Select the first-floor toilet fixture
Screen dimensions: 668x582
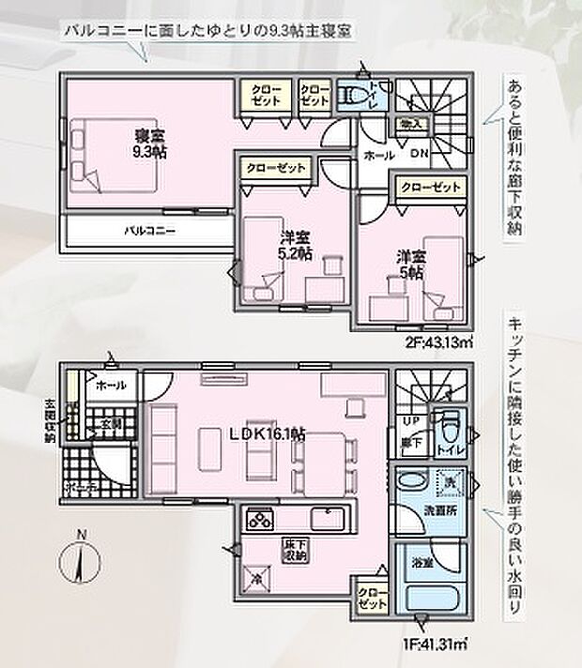(450, 428)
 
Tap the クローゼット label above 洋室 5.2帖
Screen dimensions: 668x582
(277, 168)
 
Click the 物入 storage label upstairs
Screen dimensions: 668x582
(410, 123)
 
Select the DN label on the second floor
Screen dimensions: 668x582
(421, 153)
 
